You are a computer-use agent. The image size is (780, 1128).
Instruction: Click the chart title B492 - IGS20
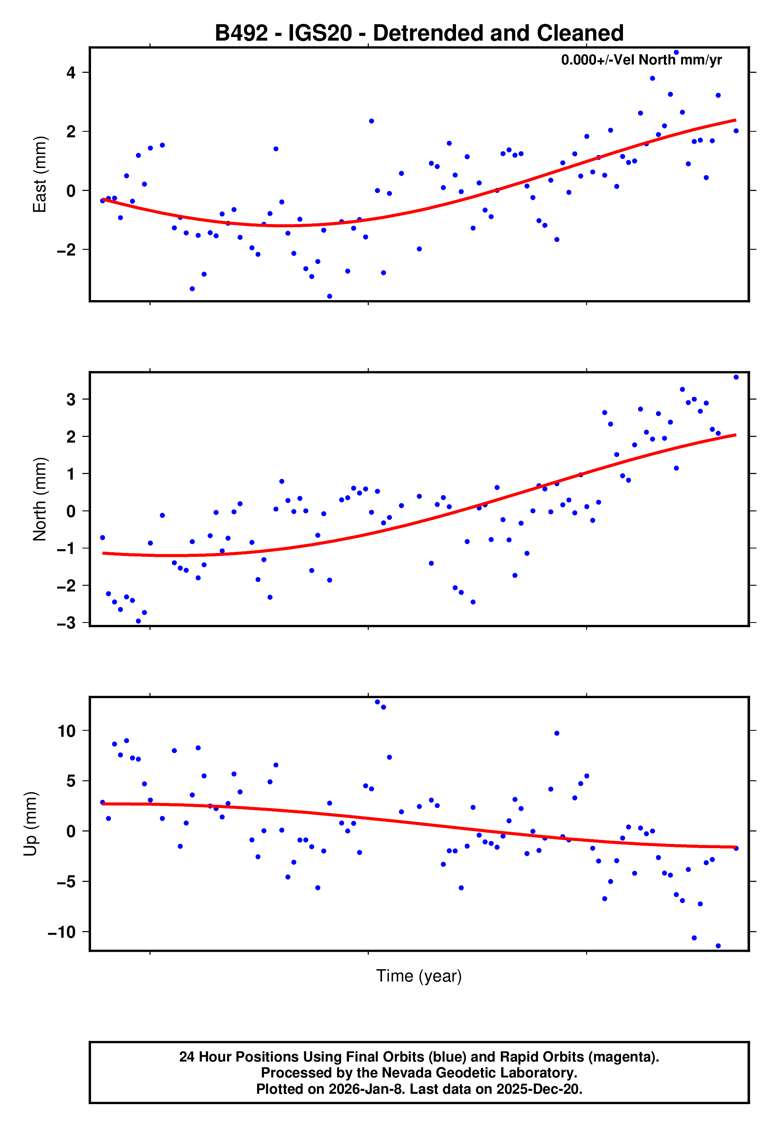point(419,33)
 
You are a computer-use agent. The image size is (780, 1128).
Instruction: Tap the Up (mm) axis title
point(30,824)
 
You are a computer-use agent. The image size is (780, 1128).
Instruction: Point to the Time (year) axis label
point(419,976)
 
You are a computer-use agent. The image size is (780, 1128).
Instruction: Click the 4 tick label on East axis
point(71,73)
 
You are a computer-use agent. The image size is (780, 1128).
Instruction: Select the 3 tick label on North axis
point(71,400)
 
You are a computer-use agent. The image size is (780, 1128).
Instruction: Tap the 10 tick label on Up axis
point(66,731)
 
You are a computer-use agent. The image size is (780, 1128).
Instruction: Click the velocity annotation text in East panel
point(641,60)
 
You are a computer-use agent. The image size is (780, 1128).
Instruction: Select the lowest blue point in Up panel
point(718,946)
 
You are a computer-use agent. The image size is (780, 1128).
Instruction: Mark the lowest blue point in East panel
point(330,297)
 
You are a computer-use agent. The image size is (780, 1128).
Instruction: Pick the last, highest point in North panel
point(736,377)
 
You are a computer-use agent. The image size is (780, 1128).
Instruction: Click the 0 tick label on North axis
point(71,511)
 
